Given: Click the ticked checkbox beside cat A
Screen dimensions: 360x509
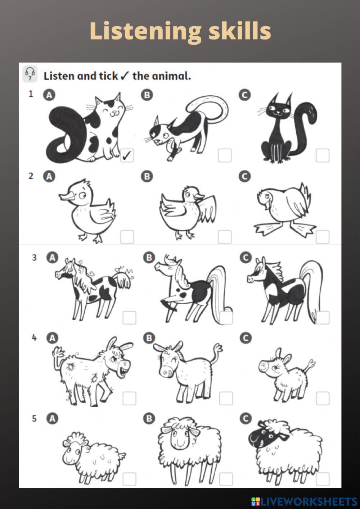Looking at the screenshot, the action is click(127, 155).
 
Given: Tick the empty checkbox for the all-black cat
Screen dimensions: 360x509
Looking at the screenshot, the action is click(323, 155).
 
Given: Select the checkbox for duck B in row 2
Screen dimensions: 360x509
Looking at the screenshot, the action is click(225, 237).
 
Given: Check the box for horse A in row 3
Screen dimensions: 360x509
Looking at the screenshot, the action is click(129, 318).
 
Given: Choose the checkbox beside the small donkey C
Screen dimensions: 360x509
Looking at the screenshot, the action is click(323, 398).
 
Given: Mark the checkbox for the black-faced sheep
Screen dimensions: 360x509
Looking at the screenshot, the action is click(323, 479).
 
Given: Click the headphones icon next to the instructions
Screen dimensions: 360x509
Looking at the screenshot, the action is click(30, 74).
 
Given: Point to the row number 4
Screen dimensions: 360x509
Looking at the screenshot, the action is click(34, 338).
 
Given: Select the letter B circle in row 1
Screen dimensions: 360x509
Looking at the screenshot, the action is click(147, 95).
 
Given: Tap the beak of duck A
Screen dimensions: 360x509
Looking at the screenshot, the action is click(66, 196).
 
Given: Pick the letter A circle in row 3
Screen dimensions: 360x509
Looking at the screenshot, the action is click(52, 258).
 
